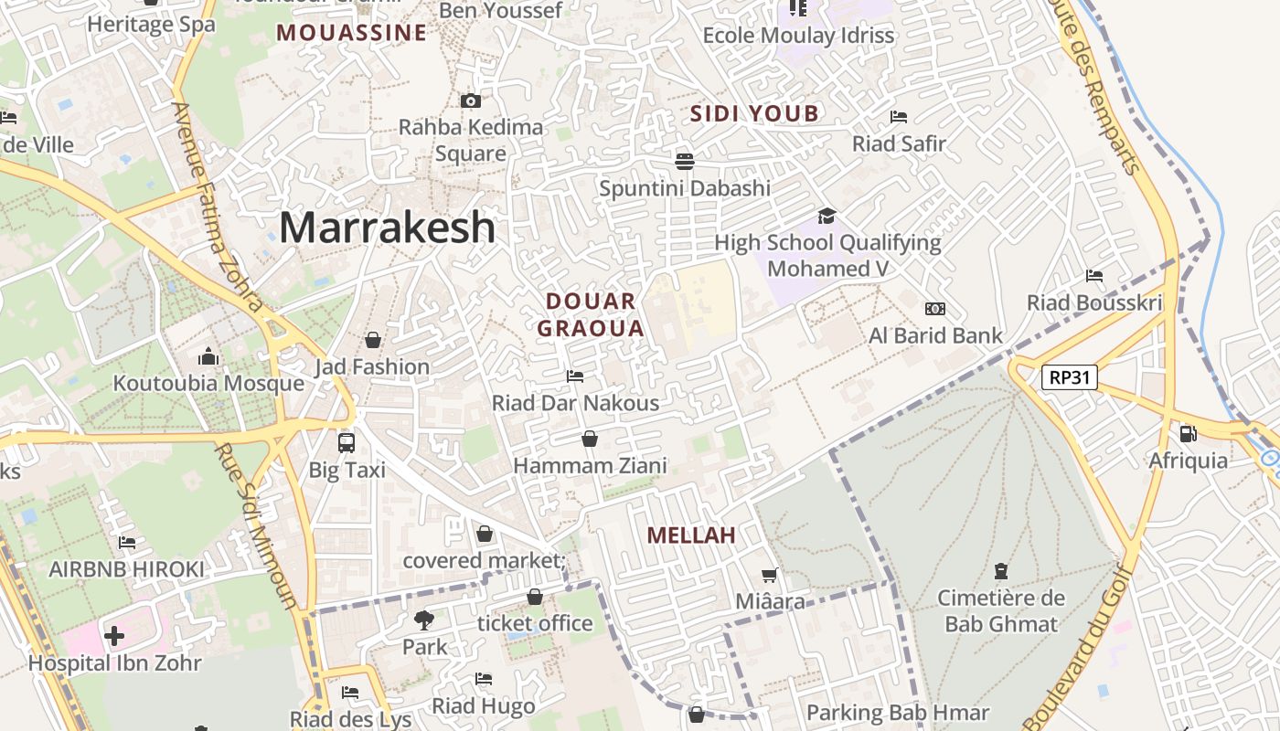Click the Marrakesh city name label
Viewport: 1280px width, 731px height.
[x=387, y=227]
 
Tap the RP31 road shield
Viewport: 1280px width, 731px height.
[x=1069, y=376]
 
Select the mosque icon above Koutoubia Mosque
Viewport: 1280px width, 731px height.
[x=208, y=356]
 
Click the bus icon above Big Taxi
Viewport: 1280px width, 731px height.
[x=347, y=443]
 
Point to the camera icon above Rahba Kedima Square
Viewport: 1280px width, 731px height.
[x=471, y=101]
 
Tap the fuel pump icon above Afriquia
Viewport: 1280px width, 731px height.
[x=1188, y=434]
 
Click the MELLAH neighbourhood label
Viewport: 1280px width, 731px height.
[x=691, y=535]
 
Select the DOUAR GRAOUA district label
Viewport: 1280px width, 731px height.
[x=591, y=314]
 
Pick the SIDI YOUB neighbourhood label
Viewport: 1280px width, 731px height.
[x=754, y=113]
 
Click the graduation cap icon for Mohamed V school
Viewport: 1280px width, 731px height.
[x=827, y=216]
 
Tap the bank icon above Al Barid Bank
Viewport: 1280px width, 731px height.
[x=935, y=309]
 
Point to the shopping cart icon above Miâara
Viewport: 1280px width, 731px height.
[x=770, y=575]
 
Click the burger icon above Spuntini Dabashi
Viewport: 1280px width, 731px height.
[x=685, y=162]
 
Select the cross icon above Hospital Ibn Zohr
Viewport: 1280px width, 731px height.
[x=114, y=635]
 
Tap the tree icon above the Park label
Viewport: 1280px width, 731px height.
[x=424, y=620]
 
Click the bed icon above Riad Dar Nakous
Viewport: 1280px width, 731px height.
[x=575, y=376]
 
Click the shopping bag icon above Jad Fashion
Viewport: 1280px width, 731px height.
[x=373, y=340]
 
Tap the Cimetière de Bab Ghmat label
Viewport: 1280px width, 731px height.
[x=1001, y=611]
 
